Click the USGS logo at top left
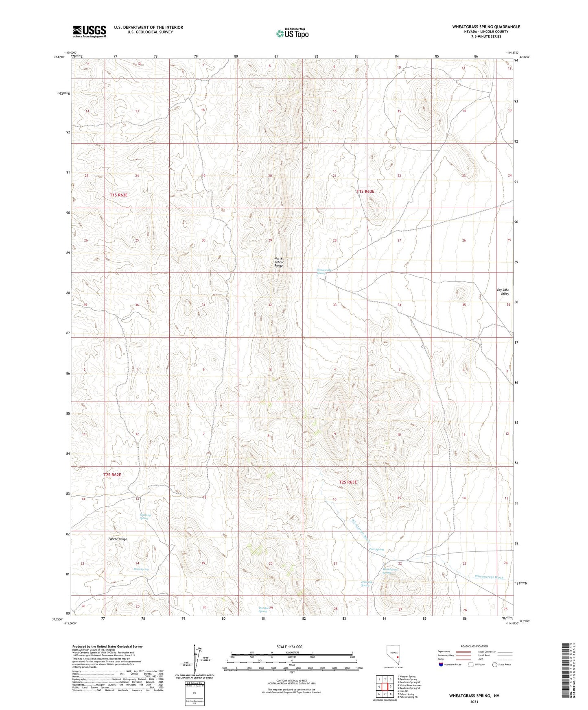tap(90, 31)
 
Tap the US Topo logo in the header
tap(292, 33)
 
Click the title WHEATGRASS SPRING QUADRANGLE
tap(486, 27)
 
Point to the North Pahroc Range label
tap(278, 262)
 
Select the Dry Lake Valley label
tap(503, 292)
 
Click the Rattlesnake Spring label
tap(324, 271)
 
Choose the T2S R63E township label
tap(348, 482)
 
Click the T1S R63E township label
tap(365, 191)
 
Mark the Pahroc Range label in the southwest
tap(118, 539)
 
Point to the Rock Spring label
tap(141, 569)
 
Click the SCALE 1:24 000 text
tap(289, 647)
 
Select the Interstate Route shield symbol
tap(441, 665)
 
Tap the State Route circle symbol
tap(495, 665)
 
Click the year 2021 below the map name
tap(474, 702)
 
